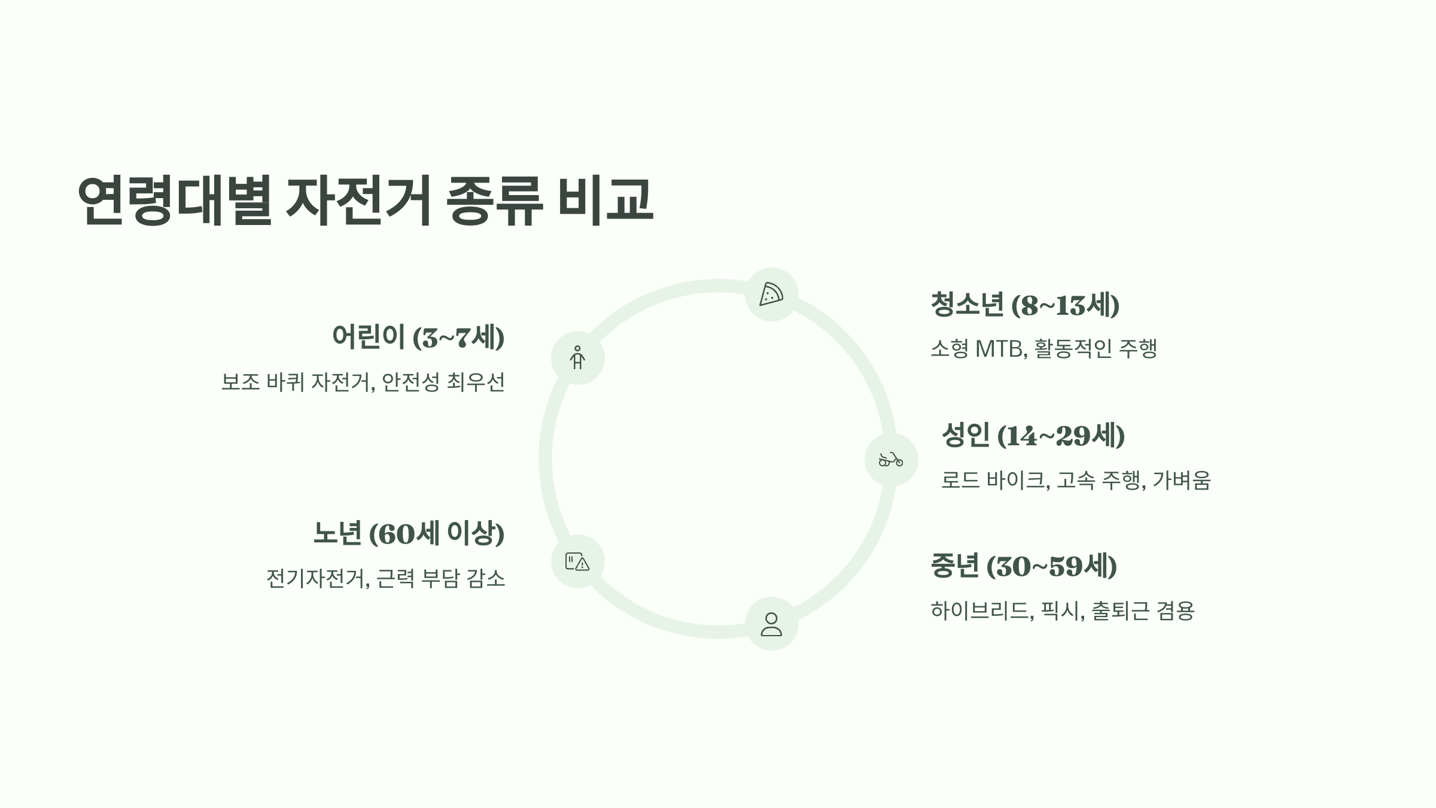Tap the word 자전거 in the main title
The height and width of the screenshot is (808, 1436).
click(x=358, y=200)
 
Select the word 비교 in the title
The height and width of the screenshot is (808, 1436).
click(x=605, y=200)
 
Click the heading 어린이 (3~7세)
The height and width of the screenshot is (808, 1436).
click(x=418, y=337)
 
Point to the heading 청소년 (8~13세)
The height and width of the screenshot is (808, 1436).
click(x=1024, y=305)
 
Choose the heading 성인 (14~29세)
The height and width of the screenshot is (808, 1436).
click(x=1033, y=435)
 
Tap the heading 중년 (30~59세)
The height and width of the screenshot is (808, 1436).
click(x=1024, y=566)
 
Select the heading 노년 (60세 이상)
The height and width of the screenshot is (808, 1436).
click(x=409, y=533)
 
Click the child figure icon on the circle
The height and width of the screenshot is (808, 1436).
click(x=577, y=358)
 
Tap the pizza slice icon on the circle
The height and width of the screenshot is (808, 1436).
click(x=771, y=294)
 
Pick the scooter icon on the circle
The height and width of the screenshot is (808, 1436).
click(x=891, y=460)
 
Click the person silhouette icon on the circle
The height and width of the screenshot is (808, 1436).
click(x=771, y=624)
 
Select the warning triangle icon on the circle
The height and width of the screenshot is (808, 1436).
click(x=578, y=561)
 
